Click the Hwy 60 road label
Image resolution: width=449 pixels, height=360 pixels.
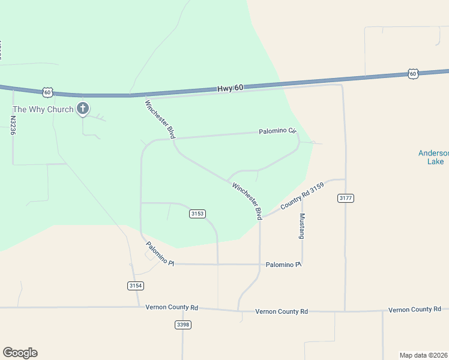pyautogui.click(x=231, y=88)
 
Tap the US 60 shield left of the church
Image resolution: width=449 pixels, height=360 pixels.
pyautogui.click(x=48, y=92)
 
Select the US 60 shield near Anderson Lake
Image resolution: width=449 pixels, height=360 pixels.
pyautogui.click(x=412, y=73)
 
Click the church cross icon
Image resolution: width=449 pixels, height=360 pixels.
pyautogui.click(x=83, y=109)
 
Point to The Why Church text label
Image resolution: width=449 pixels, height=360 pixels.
pyautogui.click(x=43, y=109)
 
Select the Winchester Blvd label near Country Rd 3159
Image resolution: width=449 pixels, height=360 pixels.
pyautogui.click(x=247, y=200)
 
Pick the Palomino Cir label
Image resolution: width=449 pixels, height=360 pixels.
pyautogui.click(x=278, y=130)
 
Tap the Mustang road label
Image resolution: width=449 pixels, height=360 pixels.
pyautogui.click(x=302, y=226)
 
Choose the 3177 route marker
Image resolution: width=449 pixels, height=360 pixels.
pyautogui.click(x=345, y=197)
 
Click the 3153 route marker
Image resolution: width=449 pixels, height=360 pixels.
pyautogui.click(x=197, y=214)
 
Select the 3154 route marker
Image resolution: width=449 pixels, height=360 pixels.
pyautogui.click(x=136, y=286)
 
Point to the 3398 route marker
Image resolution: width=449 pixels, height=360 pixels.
pyautogui.click(x=183, y=325)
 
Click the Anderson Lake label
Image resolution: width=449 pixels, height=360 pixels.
pyautogui.click(x=432, y=157)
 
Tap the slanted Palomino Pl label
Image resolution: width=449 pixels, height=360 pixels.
pyautogui.click(x=160, y=254)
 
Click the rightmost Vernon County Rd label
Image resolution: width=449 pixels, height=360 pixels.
pyautogui.click(x=415, y=310)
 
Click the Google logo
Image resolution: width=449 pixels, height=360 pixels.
pyautogui.click(x=20, y=353)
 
